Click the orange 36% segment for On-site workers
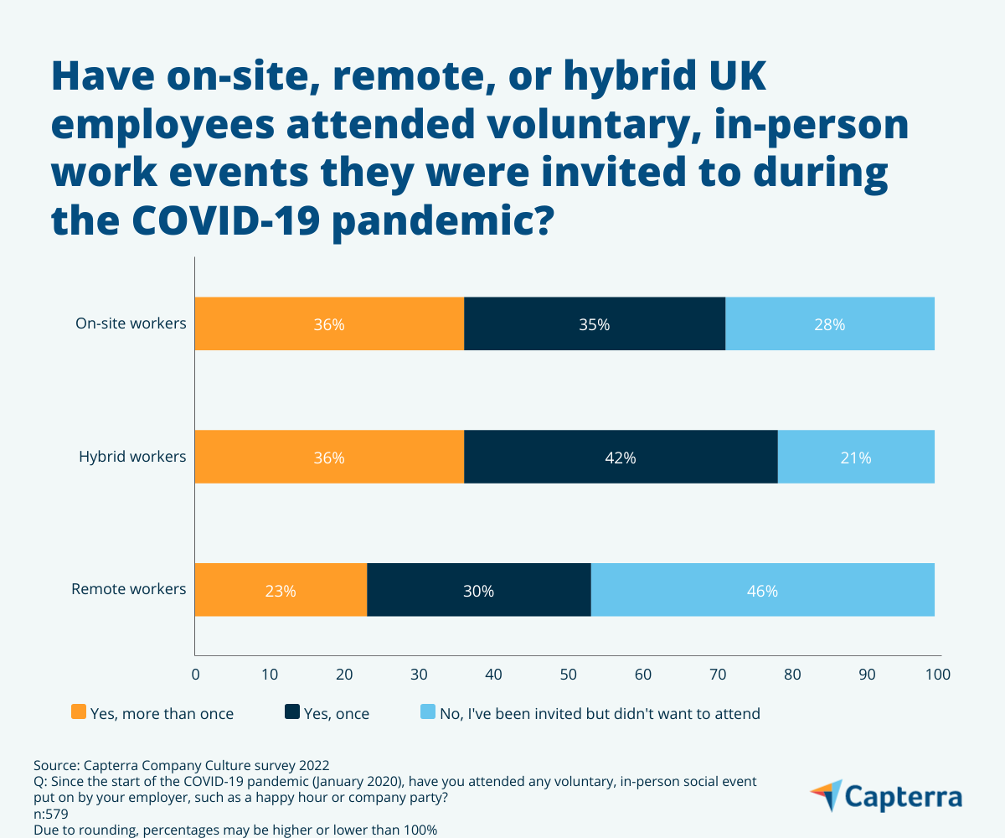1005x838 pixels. (x=329, y=323)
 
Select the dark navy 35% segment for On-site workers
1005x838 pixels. (x=594, y=323)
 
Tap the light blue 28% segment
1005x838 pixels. (x=829, y=323)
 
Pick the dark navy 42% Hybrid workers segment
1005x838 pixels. (x=620, y=457)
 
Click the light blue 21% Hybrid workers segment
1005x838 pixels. (x=855, y=457)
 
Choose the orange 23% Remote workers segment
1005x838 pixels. (x=281, y=590)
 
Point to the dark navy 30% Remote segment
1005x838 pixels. (x=478, y=590)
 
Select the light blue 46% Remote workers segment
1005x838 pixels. (x=762, y=590)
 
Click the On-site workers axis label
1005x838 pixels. (x=131, y=323)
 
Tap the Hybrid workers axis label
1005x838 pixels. (x=132, y=457)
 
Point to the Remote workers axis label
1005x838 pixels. (x=129, y=589)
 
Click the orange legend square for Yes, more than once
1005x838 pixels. (x=79, y=713)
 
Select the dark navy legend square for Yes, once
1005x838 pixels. (x=292, y=713)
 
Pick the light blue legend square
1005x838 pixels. (x=427, y=713)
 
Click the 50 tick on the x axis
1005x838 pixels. (x=568, y=674)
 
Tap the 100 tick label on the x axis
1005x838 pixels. (x=938, y=674)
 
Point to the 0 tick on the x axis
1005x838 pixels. (x=195, y=674)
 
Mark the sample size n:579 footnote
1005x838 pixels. (x=51, y=813)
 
